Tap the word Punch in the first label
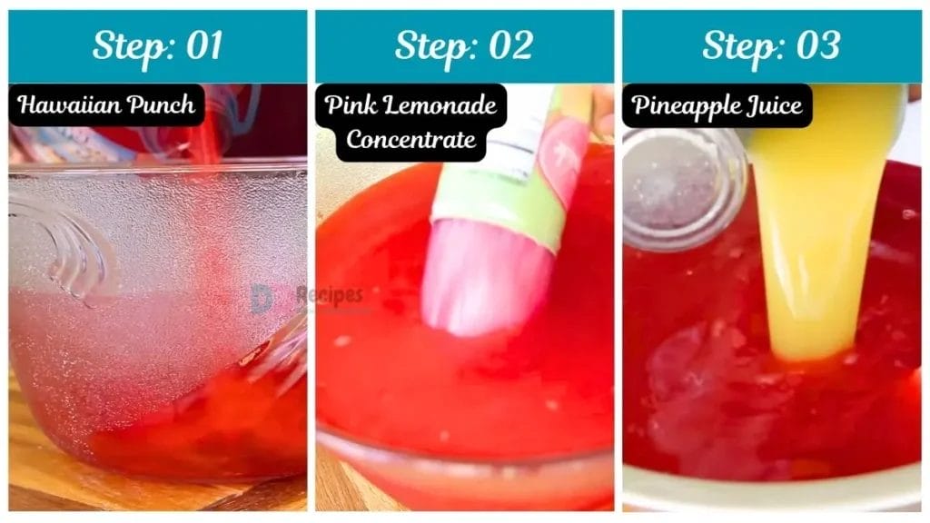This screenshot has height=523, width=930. point(160,106)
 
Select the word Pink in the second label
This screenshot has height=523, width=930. point(350,106)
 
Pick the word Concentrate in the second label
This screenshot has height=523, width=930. point(411,139)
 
